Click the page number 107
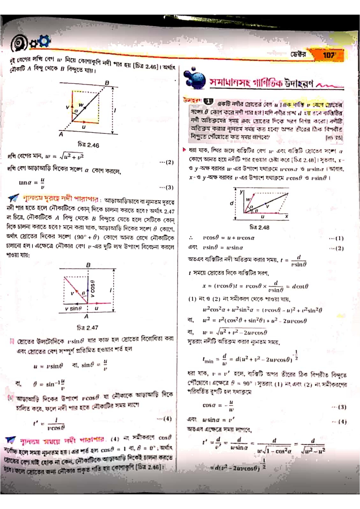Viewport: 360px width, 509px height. [329, 55]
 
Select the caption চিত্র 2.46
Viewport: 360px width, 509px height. [88, 145]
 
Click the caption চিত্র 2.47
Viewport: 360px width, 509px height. [87, 328]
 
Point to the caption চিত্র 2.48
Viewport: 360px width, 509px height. [259, 227]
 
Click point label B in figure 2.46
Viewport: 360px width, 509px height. [107, 83]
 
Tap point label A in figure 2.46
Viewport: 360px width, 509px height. [61, 134]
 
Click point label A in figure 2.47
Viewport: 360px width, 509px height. [87, 316]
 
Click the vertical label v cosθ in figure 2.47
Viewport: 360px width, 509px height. [93, 289]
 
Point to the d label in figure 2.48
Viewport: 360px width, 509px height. [232, 203]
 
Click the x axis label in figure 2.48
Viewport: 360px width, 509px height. [286, 216]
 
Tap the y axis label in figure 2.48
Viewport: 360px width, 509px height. [241, 192]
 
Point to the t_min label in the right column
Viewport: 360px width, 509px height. [208, 360]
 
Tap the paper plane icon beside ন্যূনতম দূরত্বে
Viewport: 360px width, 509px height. [14, 198]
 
